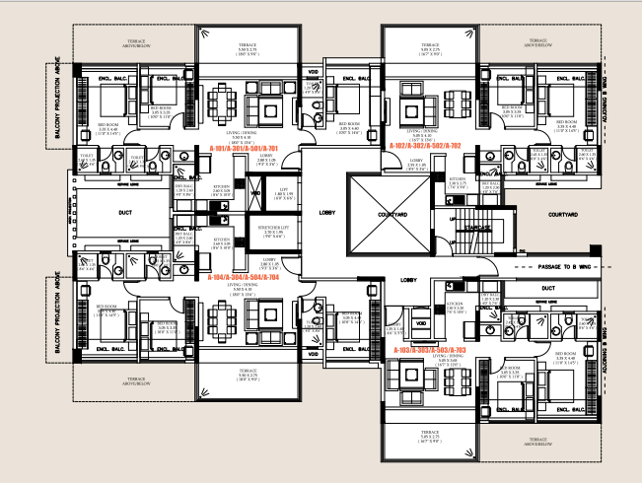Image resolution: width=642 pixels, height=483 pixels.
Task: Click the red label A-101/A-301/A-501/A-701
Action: coord(245,148)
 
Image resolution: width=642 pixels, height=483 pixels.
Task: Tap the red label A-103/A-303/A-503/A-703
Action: coord(428,350)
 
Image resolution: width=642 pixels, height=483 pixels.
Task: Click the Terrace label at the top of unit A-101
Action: coord(248,45)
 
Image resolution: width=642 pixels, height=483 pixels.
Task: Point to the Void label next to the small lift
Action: coord(254,193)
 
